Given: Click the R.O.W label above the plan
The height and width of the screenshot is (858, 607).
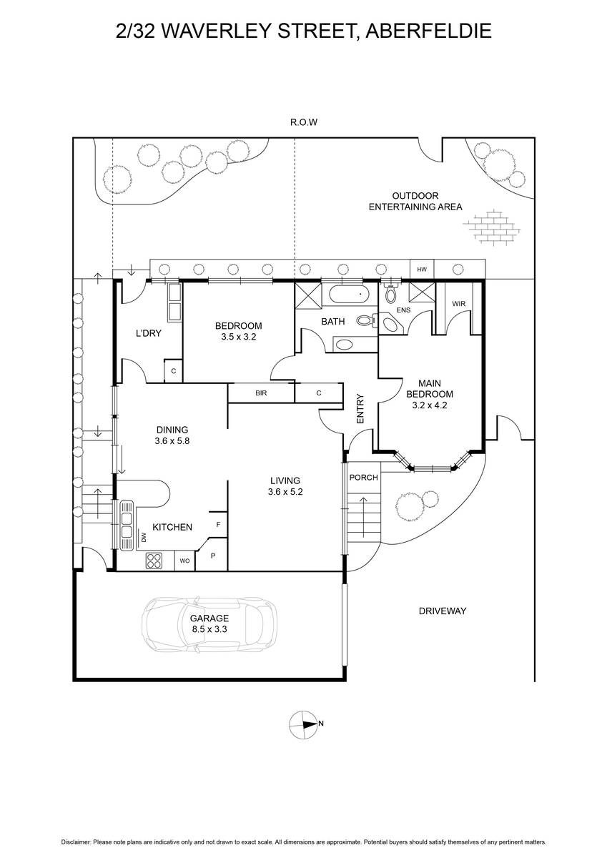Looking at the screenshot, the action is pos(304,122).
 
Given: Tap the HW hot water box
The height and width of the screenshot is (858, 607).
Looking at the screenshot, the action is pos(422,270).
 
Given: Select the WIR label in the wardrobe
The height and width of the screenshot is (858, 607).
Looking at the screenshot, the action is pos(459,304).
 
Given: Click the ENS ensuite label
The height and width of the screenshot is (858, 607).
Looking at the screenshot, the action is pos(403,310).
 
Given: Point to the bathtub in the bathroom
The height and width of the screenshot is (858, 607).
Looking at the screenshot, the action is pos(348,295).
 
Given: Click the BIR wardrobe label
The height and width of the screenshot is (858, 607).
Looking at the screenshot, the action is pos(261,393).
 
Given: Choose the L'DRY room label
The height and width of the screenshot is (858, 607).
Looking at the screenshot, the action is pos(149,333).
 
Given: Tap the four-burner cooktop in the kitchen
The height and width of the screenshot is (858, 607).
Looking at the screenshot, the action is pos(154,561).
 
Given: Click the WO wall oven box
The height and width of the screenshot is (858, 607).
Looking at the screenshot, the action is pos(184,561).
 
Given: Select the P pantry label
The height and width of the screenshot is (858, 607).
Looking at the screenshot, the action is pos(213,556).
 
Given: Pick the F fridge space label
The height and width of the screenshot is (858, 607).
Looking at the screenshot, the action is pos(218,524).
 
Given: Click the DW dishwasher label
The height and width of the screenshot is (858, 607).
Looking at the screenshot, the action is pos(144,538).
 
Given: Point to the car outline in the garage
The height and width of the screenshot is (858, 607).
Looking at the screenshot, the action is pos(209,624).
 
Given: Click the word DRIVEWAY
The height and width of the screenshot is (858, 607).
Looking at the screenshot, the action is pos(443,611).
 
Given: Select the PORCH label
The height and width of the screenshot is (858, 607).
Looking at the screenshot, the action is pos(363,478).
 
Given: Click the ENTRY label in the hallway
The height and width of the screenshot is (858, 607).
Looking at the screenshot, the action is pos(360,409).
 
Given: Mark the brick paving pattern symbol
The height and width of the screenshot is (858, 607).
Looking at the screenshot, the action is pos(492,227).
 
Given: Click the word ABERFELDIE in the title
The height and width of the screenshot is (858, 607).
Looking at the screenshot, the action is pos(428,31).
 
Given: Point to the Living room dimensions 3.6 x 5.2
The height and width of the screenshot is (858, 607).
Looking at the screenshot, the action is pos(285,492).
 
